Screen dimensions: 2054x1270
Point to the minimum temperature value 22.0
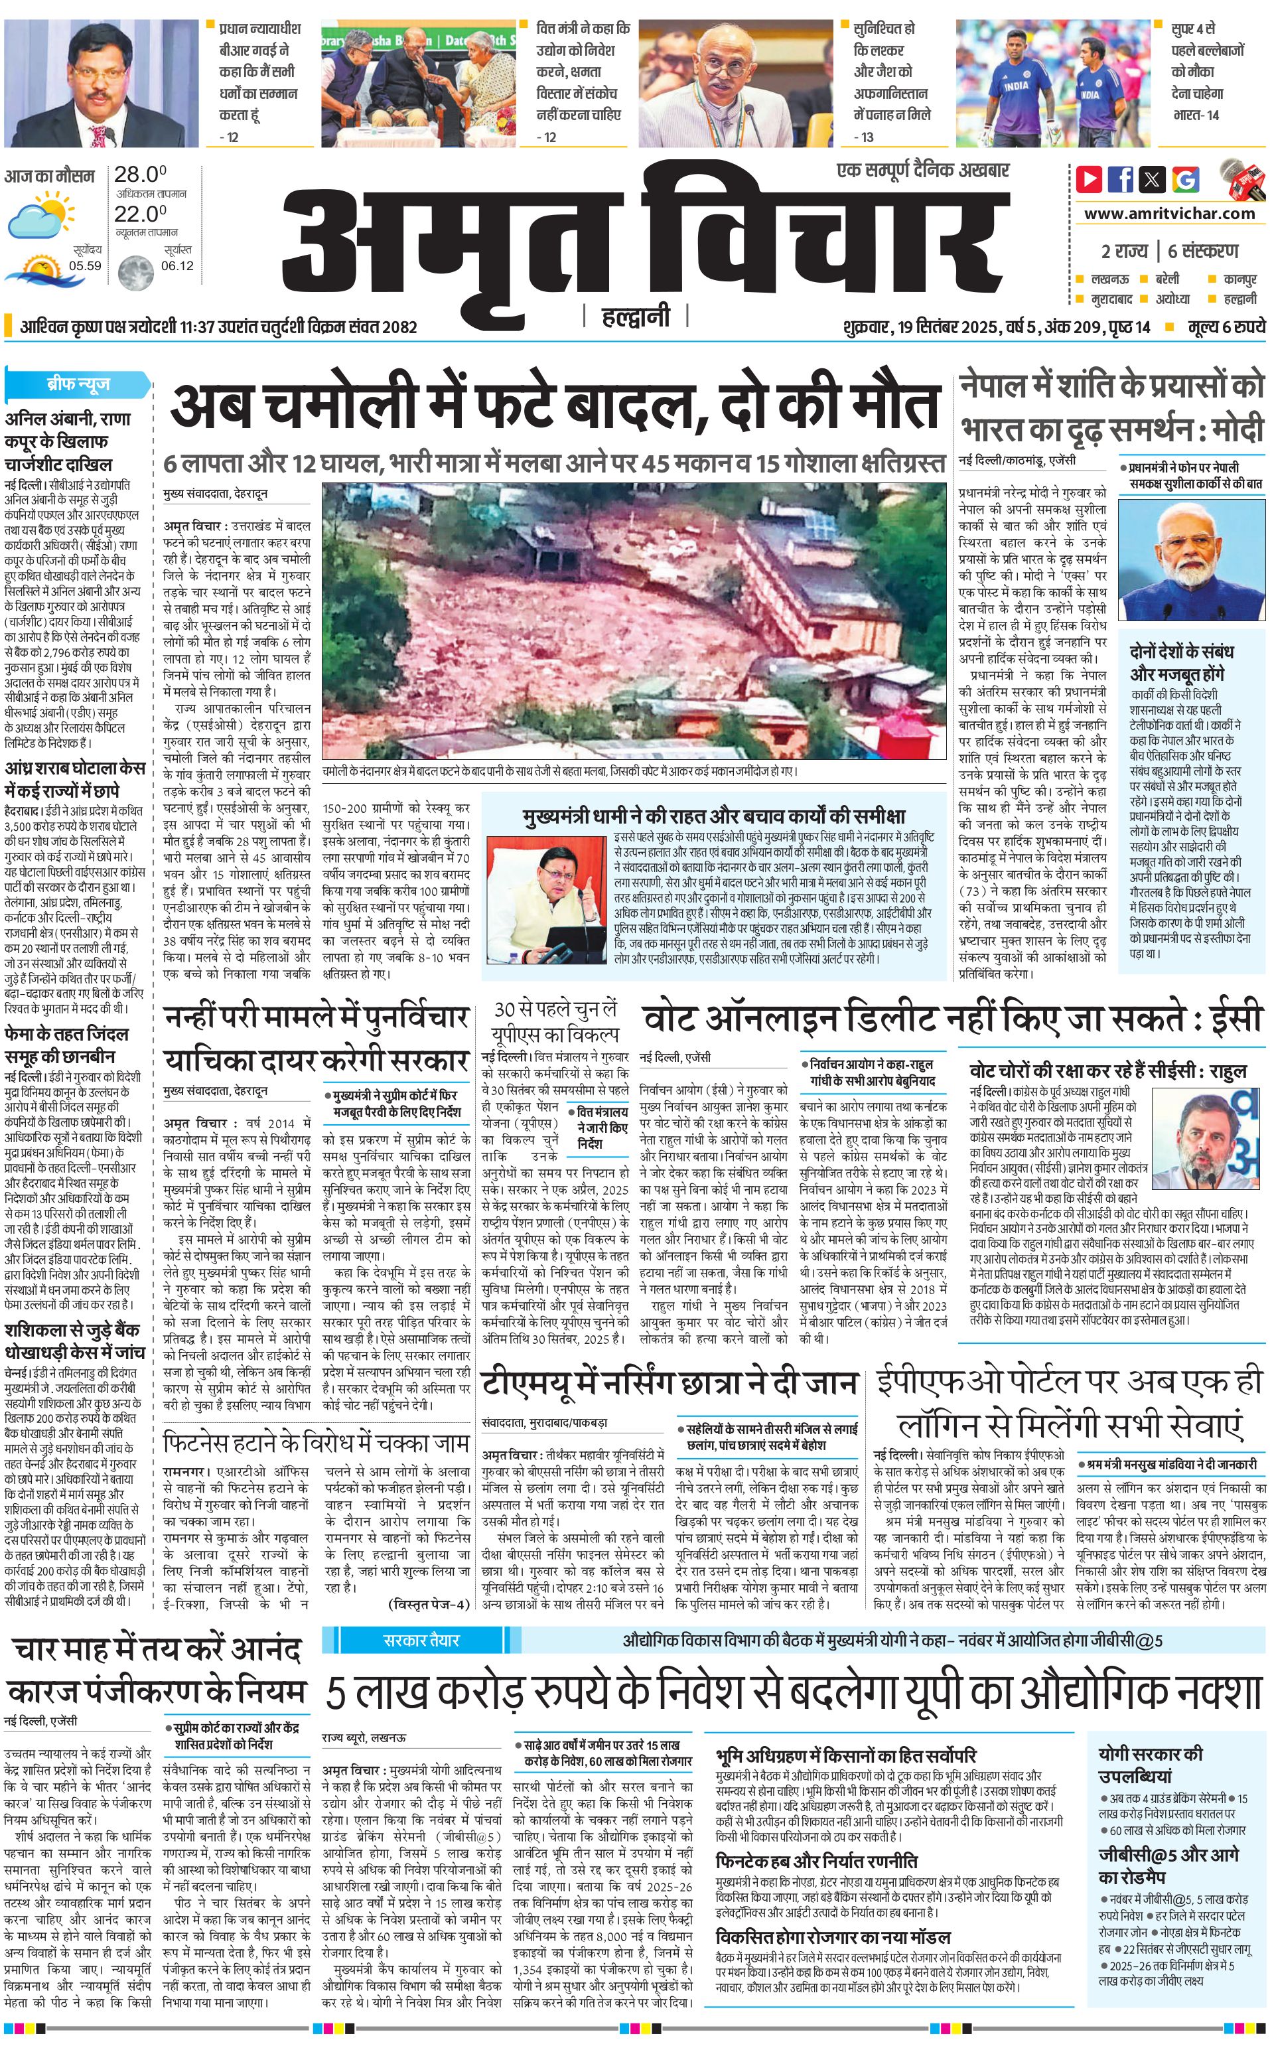(x=139, y=214)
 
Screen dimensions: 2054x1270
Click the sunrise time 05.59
(x=85, y=266)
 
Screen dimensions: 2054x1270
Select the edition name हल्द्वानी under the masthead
(x=635, y=317)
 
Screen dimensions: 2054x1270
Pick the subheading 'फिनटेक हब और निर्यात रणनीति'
(x=815, y=1861)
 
